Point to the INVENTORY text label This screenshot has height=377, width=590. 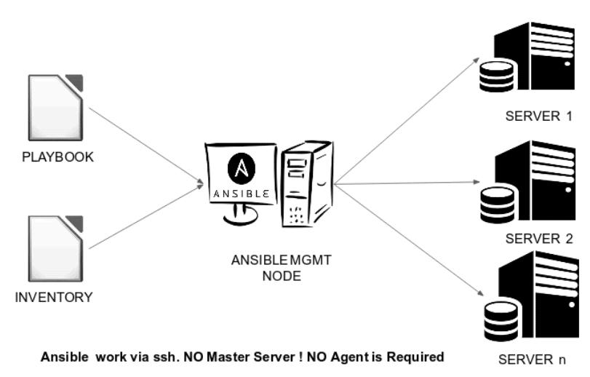click(x=55, y=297)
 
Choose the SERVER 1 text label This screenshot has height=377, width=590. click(x=540, y=116)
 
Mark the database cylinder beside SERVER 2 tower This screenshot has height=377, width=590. click(x=494, y=202)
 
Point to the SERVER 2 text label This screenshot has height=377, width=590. click(x=540, y=239)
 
